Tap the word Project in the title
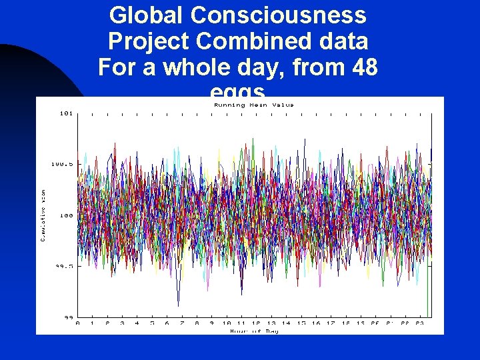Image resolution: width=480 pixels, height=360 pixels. [x=149, y=41]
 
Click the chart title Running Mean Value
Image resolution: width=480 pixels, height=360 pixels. [x=253, y=105]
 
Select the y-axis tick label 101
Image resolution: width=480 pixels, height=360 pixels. [x=65, y=113]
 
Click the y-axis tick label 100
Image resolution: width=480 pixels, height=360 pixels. [x=65, y=215]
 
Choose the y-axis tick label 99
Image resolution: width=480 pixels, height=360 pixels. [x=67, y=317]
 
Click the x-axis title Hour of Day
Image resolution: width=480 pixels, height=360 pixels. [x=253, y=331]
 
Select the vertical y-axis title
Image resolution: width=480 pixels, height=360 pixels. [x=44, y=215]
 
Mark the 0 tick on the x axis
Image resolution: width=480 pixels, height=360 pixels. [x=77, y=323]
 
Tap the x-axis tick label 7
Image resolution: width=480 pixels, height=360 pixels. [x=182, y=323]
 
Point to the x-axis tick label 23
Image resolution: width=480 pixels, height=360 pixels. [x=420, y=323]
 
